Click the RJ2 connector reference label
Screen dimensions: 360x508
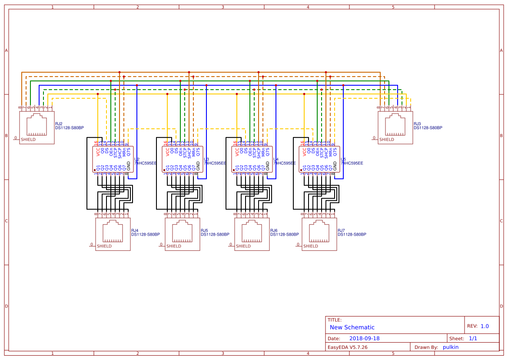(59, 124)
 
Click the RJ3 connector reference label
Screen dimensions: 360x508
(417, 124)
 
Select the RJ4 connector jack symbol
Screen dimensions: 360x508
(113, 234)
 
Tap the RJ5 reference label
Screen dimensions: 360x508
(204, 230)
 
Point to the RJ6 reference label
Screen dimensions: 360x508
(274, 230)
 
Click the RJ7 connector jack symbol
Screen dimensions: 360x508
(319, 234)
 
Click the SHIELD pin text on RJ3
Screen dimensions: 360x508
(386, 140)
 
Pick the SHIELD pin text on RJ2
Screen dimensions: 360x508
(28, 140)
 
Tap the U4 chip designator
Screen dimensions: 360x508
(276, 160)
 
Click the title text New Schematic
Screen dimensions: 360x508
(352, 327)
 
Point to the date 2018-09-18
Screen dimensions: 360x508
(364, 338)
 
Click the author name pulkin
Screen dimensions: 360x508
(451, 347)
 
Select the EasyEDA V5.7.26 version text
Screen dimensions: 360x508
(347, 347)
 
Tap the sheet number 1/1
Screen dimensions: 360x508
(473, 338)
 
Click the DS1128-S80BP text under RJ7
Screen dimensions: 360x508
(352, 234)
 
